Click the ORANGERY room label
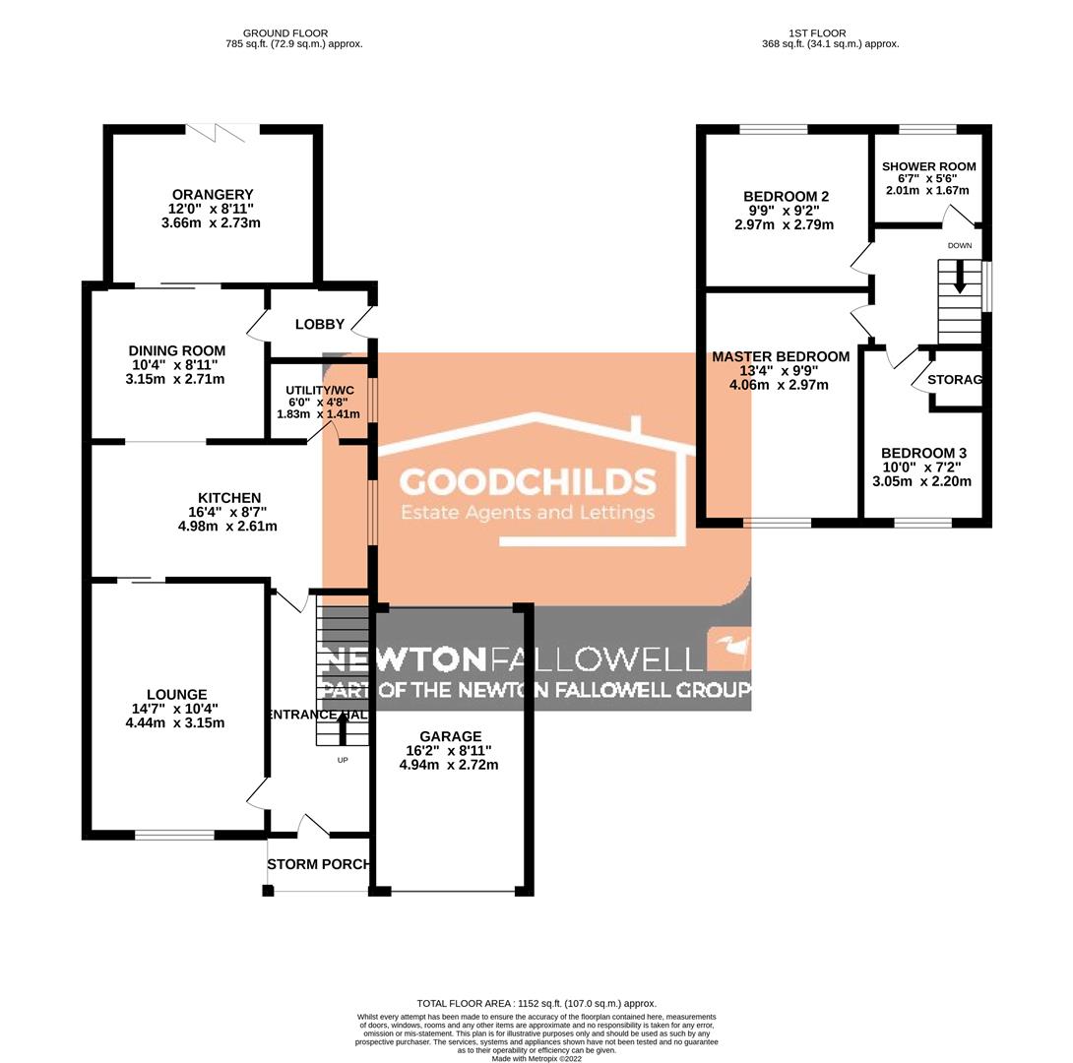[x=211, y=194]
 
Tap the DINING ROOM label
[x=177, y=350]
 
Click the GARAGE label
[x=450, y=736]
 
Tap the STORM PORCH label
[x=319, y=864]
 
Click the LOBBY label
[x=320, y=325]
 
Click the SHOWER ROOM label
[x=928, y=166]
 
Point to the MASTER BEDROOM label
[x=781, y=356]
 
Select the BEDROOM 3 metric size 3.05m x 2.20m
[x=922, y=481]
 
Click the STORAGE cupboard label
[x=955, y=379]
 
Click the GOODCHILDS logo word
[x=528, y=482]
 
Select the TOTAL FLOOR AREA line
[x=536, y=1003]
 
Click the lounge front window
[x=174, y=835]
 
